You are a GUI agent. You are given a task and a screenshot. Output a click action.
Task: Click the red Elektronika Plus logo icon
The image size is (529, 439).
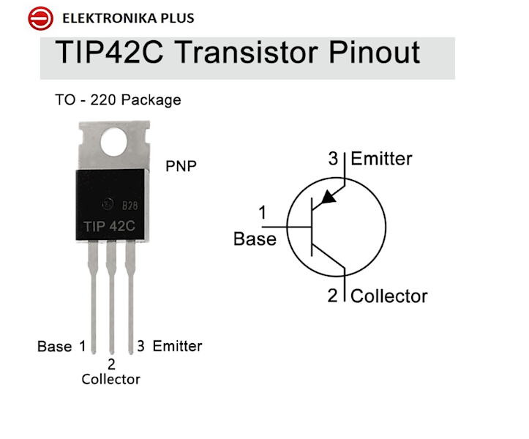click(x=40, y=18)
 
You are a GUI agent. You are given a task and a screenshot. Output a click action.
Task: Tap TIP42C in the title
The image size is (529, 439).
click(x=109, y=52)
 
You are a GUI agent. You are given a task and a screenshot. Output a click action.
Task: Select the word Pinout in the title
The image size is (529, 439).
click(x=374, y=52)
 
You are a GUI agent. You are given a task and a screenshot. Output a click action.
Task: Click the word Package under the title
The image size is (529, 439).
click(x=151, y=100)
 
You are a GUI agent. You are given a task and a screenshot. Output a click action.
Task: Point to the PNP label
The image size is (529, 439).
click(x=181, y=166)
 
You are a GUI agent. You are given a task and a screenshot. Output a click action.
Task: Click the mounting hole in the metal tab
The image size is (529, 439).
click(x=113, y=143)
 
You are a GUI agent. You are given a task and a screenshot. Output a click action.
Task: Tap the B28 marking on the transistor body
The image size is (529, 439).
click(x=130, y=205)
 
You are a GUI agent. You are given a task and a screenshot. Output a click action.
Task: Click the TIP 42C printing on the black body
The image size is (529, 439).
click(x=109, y=226)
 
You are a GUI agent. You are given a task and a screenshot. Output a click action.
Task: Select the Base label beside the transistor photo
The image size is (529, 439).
click(x=54, y=347)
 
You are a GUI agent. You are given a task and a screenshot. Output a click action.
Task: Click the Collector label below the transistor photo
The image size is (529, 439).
click(x=110, y=379)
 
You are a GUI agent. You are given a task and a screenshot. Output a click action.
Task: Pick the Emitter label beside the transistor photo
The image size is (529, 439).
click(x=177, y=346)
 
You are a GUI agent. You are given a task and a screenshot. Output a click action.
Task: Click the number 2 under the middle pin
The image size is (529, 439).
click(x=111, y=364)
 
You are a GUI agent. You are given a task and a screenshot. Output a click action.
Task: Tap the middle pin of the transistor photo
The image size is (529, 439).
click(x=111, y=297)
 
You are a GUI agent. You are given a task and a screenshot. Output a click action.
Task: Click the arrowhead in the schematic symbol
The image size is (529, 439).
click(x=328, y=198)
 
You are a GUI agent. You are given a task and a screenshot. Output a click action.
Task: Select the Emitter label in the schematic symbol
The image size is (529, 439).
click(x=381, y=159)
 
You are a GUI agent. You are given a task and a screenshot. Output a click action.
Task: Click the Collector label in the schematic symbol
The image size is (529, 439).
click(x=389, y=296)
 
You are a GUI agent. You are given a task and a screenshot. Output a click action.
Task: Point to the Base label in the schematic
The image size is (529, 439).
click(x=255, y=239)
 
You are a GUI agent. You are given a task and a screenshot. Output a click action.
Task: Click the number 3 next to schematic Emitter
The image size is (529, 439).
click(x=333, y=159)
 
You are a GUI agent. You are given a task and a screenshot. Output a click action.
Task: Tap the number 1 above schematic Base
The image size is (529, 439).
click(x=262, y=213)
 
